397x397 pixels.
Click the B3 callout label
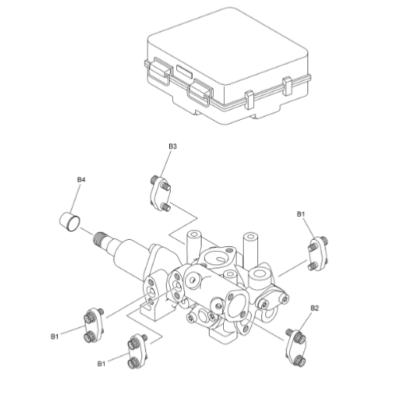(x=172, y=146)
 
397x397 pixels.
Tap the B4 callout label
(x=80, y=180)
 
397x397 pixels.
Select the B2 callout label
(x=314, y=307)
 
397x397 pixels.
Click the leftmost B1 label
(x=55, y=337)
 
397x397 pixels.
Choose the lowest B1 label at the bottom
(x=102, y=363)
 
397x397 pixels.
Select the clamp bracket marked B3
(x=160, y=193)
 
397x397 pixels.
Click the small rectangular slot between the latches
(x=183, y=71)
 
